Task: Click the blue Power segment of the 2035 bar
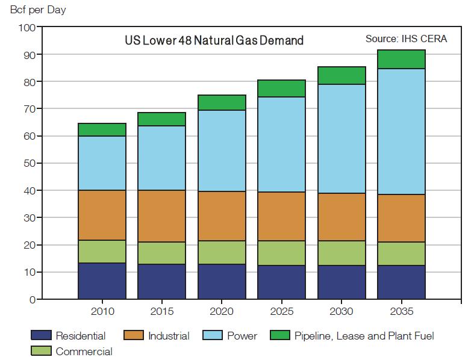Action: point(401,131)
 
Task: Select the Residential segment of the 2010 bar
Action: point(102,281)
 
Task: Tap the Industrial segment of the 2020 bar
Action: point(222,216)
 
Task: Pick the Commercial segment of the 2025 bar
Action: point(281,253)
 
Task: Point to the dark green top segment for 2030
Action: point(341,75)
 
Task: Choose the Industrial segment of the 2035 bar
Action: point(401,218)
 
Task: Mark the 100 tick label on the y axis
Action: point(28,28)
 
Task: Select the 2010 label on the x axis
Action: point(102,312)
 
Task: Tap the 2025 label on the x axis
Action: point(281,312)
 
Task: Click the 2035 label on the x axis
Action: point(401,312)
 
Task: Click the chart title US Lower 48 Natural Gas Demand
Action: point(214,41)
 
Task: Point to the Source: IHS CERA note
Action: point(406,39)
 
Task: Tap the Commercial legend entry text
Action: point(84,351)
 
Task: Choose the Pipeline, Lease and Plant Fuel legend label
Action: point(364,336)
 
